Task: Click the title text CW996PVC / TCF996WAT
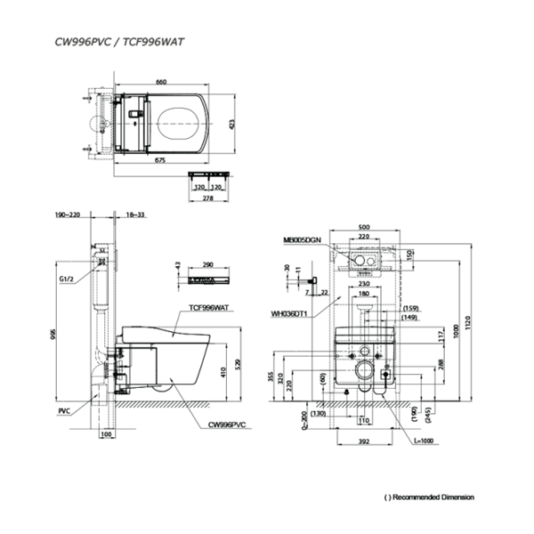[113, 40]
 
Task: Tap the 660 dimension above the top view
[161, 82]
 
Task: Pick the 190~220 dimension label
[68, 215]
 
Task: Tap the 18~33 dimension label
[136, 215]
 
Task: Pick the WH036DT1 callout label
[291, 313]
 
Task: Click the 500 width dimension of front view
[363, 228]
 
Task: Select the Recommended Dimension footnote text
[429, 497]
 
